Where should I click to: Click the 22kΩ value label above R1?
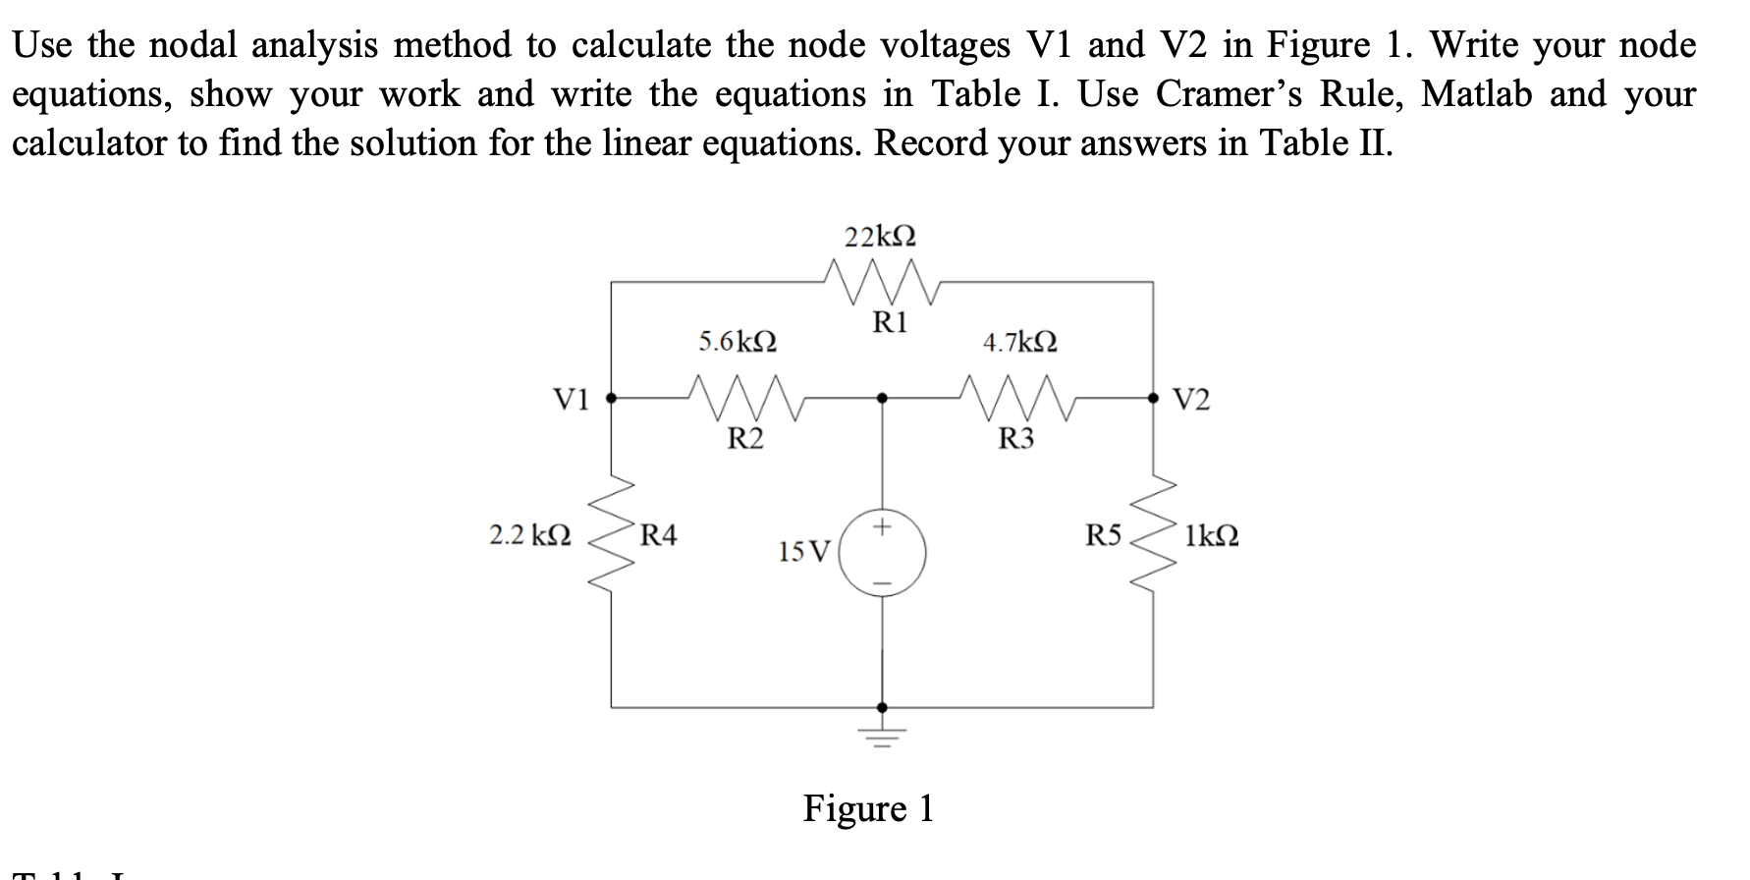881,237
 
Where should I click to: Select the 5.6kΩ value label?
738,342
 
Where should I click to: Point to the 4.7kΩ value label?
1020,343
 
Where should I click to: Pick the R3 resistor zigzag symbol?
1020,396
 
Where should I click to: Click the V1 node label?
571,399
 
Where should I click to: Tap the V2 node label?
1191,400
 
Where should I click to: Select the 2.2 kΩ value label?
530,536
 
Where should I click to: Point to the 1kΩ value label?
1211,537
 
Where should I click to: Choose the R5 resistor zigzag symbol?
1154,537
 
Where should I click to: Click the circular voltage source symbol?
882,555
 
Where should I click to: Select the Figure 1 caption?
868,808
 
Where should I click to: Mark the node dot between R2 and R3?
882,398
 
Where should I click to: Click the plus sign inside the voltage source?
882,527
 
